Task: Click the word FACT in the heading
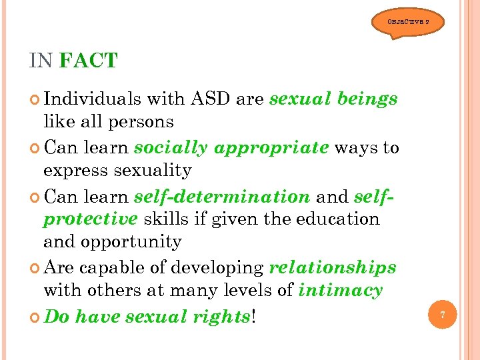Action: pyautogui.click(x=88, y=61)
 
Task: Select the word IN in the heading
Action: pyautogui.click(x=41, y=61)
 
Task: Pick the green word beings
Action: pyautogui.click(x=367, y=99)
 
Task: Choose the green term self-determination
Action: pyautogui.click(x=221, y=196)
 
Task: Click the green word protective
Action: pyautogui.click(x=90, y=219)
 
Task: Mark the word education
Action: pyautogui.click(x=339, y=219)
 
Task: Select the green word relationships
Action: pyautogui.click(x=332, y=267)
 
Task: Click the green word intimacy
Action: pyautogui.click(x=340, y=291)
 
